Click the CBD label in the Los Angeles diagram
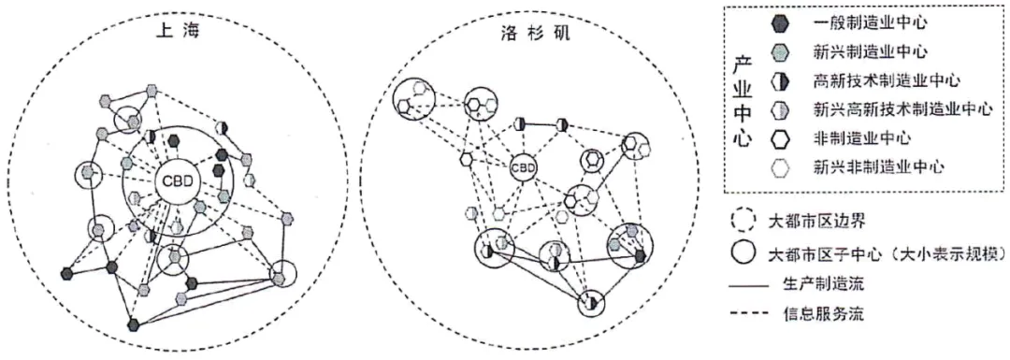point(524,168)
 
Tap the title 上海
point(175,31)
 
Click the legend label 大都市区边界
point(815,222)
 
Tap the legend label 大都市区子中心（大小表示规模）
point(881,253)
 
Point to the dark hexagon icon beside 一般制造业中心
point(782,20)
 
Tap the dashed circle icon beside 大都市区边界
point(743,222)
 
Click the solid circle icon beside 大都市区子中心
point(743,253)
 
